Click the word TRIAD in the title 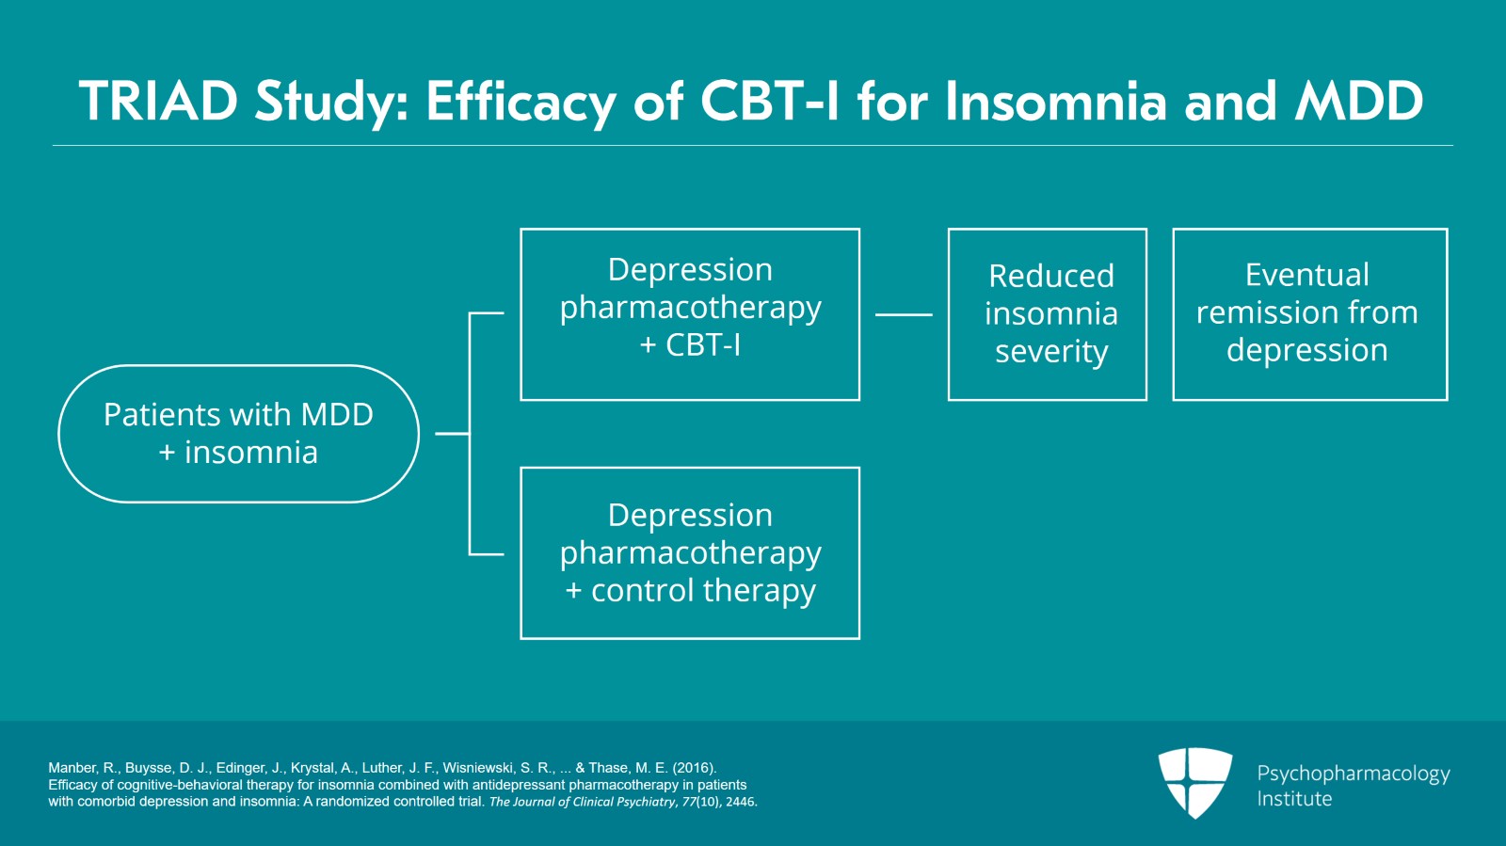pyautogui.click(x=159, y=101)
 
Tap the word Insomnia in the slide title pyautogui.click(x=1055, y=101)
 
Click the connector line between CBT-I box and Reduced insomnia pyautogui.click(x=904, y=314)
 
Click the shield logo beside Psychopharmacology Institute pyautogui.click(x=1195, y=783)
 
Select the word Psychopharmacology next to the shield pyautogui.click(x=1354, y=774)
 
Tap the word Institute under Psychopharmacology pyautogui.click(x=1294, y=799)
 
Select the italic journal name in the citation pyautogui.click(x=583, y=802)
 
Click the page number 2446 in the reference pyautogui.click(x=740, y=802)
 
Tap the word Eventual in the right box pyautogui.click(x=1307, y=275)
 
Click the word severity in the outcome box pyautogui.click(x=1051, y=351)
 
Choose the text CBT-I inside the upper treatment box pyautogui.click(x=702, y=345)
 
